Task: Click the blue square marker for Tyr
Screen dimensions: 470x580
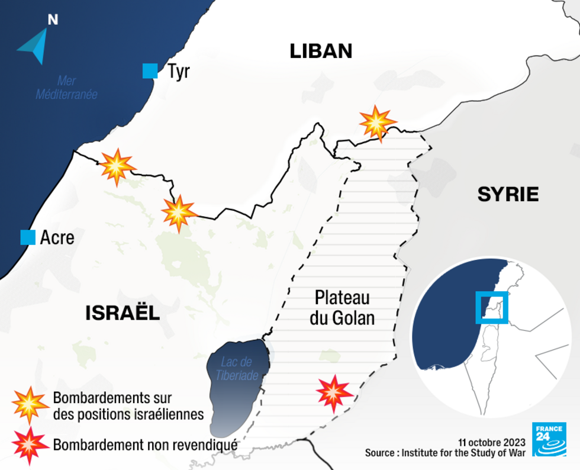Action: (x=150, y=72)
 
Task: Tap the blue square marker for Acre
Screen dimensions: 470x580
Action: (x=28, y=237)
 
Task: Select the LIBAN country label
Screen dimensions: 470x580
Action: (x=321, y=51)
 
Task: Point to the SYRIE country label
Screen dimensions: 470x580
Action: (x=508, y=194)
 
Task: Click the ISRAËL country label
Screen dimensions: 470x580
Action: (x=123, y=313)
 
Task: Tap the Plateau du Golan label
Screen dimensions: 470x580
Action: (x=342, y=307)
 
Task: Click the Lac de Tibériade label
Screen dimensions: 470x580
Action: (x=237, y=368)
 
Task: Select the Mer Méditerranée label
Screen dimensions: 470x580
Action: (x=66, y=88)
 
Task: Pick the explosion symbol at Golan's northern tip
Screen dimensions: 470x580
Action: (x=377, y=123)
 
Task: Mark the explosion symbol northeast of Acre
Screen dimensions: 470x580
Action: (x=179, y=213)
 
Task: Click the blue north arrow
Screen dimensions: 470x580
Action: (x=35, y=46)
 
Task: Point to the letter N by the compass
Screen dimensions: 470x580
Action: (x=53, y=20)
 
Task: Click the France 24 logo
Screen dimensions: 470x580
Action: (x=549, y=439)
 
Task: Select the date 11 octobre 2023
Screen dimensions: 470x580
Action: (x=491, y=442)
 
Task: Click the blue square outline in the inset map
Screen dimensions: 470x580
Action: (x=491, y=307)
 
